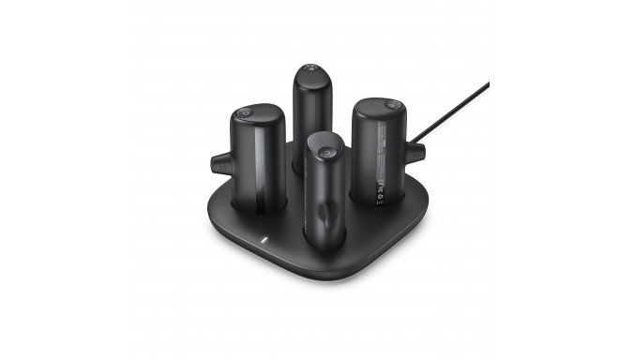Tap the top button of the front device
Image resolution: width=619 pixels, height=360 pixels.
pos(325,150)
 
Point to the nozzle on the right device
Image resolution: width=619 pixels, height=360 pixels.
pos(415,153)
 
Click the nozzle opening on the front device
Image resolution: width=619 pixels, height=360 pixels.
pos(322,216)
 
